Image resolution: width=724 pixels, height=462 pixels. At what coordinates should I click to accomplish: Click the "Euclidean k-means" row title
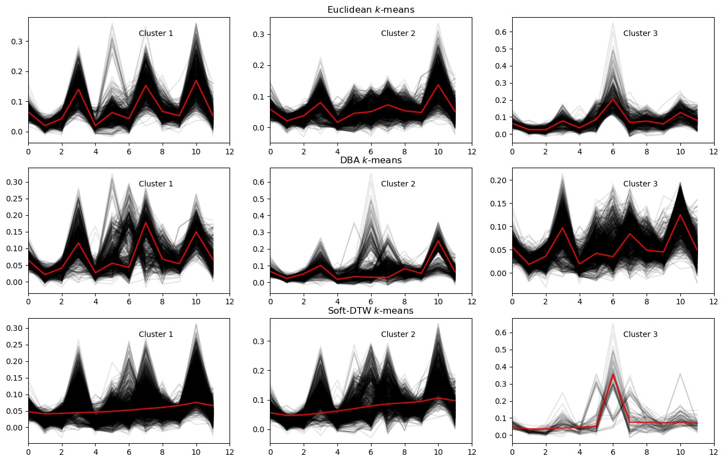click(x=371, y=10)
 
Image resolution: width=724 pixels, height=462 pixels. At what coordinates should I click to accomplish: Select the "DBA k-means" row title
click(x=371, y=160)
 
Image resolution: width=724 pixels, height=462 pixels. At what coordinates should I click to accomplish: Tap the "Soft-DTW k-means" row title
click(x=371, y=311)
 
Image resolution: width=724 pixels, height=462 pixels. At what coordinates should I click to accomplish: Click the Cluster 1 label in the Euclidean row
click(x=156, y=33)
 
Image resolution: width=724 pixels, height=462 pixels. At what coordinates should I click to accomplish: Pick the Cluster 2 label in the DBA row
click(x=398, y=184)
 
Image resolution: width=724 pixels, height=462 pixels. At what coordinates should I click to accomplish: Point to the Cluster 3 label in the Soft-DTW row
click(x=640, y=334)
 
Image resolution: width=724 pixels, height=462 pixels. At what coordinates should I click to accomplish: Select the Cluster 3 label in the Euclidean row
click(x=640, y=33)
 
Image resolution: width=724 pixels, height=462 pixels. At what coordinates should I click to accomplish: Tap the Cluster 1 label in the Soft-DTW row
click(x=156, y=334)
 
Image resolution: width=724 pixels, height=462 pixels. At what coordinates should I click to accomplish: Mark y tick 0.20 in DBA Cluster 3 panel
click(x=498, y=180)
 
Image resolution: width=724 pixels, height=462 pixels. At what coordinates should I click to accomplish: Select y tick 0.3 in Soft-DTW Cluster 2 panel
click(x=259, y=341)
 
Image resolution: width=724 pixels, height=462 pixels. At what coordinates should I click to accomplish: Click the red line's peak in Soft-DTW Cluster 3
click(x=613, y=375)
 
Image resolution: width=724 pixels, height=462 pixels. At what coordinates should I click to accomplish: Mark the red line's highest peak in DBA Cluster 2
click(x=438, y=241)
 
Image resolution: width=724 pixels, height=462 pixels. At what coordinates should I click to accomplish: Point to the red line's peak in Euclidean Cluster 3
click(x=613, y=100)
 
